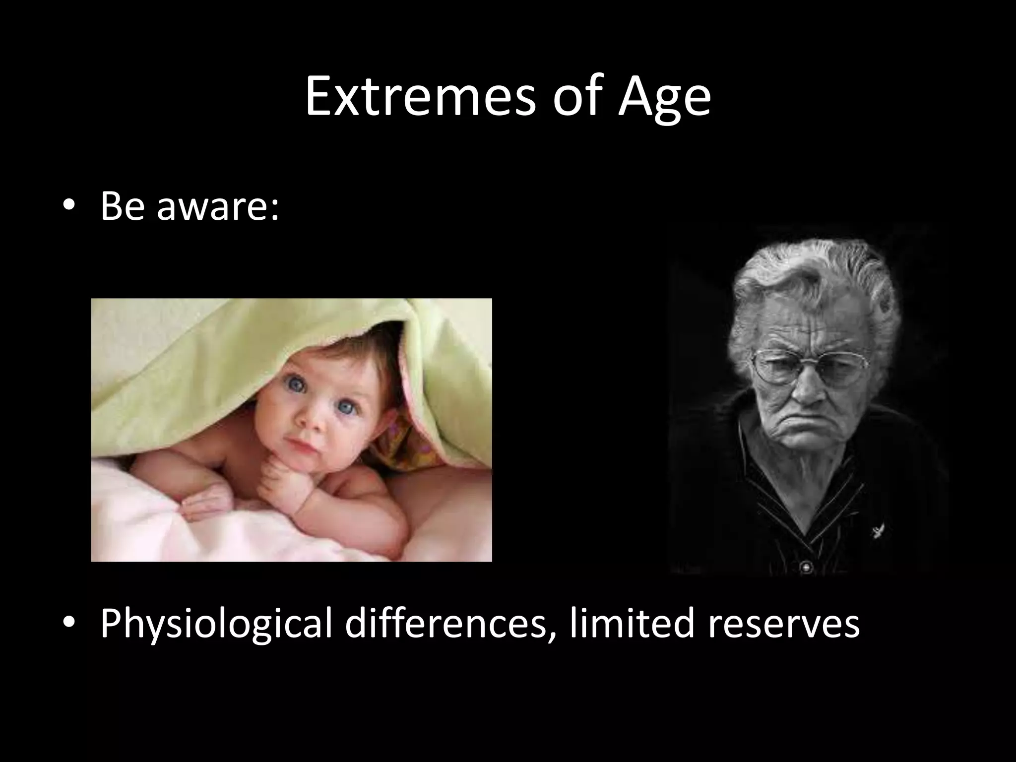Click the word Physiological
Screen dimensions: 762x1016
pyautogui.click(x=216, y=625)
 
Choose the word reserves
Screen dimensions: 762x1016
pyautogui.click(x=783, y=624)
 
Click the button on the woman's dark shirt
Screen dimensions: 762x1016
pyautogui.click(x=807, y=566)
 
